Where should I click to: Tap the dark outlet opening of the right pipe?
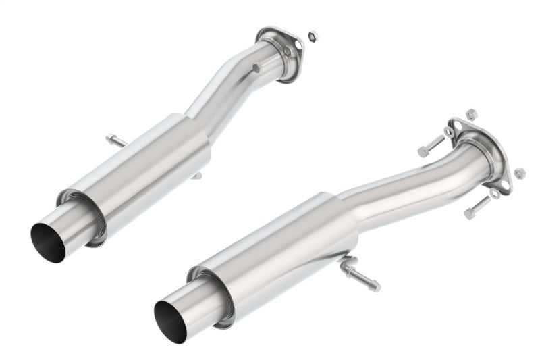pyautogui.click(x=170, y=321)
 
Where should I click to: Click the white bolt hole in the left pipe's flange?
pyautogui.click(x=288, y=50)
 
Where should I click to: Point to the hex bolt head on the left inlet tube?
pyautogui.click(x=256, y=68)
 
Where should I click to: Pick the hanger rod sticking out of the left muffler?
pyautogui.click(x=115, y=140)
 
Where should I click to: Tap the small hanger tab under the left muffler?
pyautogui.click(x=196, y=176)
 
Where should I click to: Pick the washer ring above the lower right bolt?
pyautogui.click(x=494, y=194)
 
